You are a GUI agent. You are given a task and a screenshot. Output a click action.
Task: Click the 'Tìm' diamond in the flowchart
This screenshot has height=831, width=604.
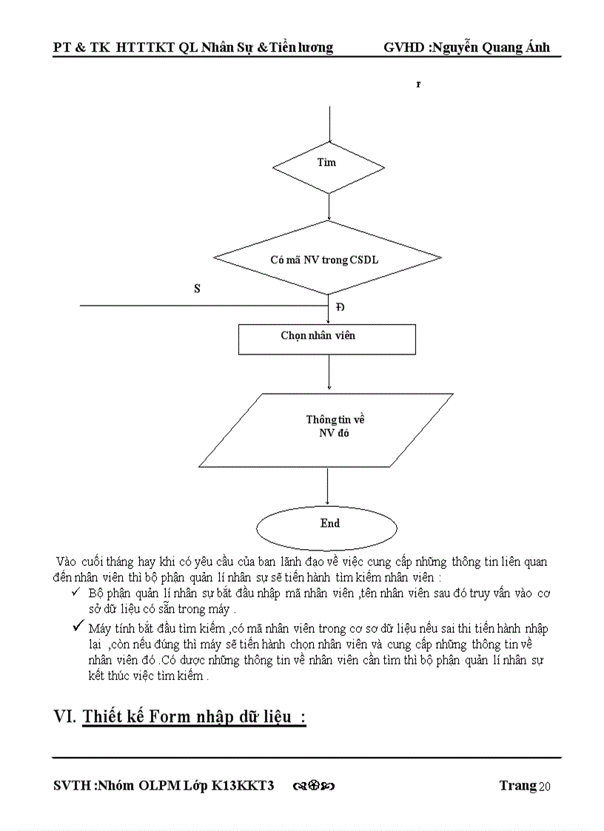[328, 163]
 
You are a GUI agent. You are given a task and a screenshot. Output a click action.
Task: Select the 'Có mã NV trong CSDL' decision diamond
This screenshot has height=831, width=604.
[328, 260]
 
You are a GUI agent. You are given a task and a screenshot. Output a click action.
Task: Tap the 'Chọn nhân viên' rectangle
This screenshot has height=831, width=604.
[326, 337]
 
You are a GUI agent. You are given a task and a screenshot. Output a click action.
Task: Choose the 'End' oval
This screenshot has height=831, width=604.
[329, 524]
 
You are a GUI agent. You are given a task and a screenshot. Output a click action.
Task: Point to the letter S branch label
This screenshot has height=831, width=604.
[197, 289]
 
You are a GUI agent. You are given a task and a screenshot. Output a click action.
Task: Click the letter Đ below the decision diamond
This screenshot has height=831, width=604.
[340, 307]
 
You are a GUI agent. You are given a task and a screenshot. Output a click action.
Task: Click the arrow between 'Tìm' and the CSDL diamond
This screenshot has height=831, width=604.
[328, 206]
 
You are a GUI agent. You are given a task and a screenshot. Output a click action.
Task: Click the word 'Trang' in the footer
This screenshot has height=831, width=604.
[517, 785]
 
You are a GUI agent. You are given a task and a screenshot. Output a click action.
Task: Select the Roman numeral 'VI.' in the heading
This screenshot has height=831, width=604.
[65, 716]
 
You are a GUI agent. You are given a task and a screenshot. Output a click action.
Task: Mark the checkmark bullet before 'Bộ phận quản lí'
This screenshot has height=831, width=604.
[75, 593]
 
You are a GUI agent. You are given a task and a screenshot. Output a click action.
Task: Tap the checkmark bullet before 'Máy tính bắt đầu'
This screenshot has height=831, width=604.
[76, 627]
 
